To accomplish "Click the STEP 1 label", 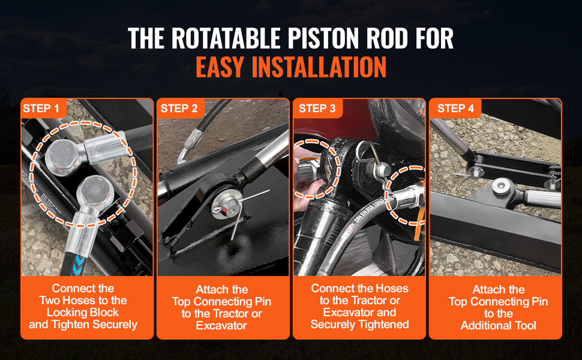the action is click(x=41, y=109).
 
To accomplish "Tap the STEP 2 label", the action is click(x=179, y=109).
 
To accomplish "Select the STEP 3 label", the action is click(x=317, y=109).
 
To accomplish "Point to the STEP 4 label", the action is click(x=455, y=109).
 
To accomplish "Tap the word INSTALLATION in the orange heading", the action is click(x=319, y=67).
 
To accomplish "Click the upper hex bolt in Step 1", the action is click(x=62, y=155).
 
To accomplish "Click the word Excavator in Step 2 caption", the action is click(x=221, y=325).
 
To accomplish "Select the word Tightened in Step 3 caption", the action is click(x=384, y=325).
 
